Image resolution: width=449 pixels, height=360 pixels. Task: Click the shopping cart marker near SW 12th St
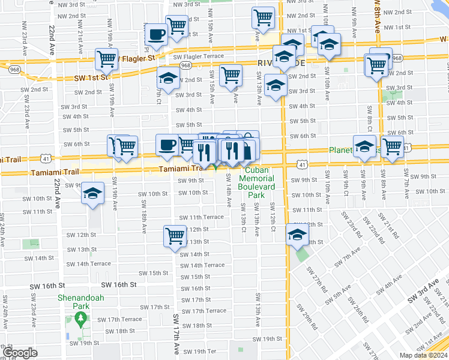(x=175, y=235)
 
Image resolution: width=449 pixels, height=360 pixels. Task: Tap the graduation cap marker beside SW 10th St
(x=93, y=193)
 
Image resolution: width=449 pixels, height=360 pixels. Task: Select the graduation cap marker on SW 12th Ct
(x=297, y=235)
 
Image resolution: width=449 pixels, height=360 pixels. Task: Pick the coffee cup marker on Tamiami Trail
(x=167, y=145)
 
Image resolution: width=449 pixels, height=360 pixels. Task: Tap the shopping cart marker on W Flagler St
(x=107, y=59)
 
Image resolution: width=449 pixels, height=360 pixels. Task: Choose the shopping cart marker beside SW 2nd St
(x=231, y=76)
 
